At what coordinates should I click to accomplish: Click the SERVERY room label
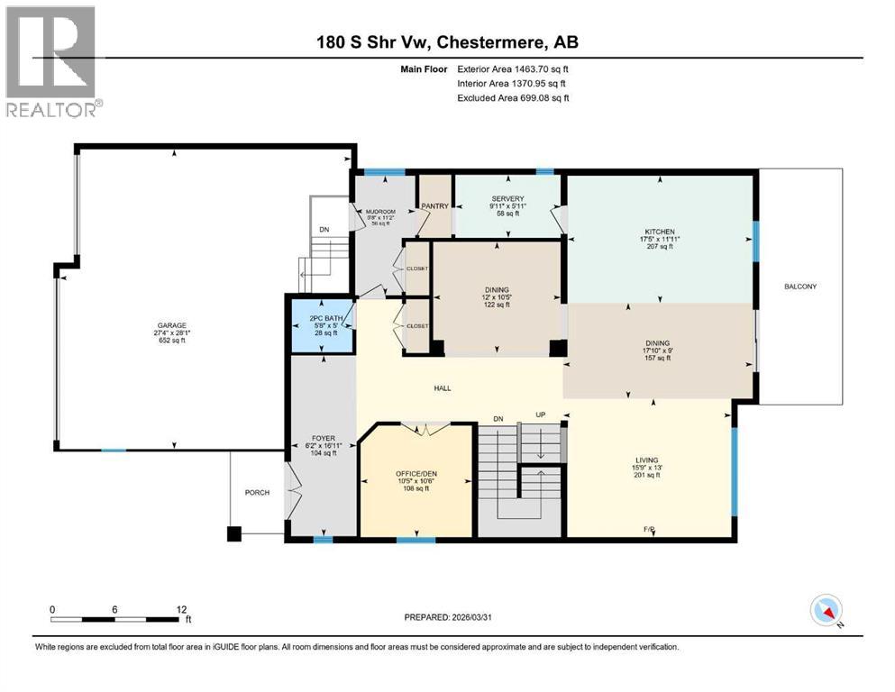(507, 199)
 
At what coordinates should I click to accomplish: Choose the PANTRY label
(435, 206)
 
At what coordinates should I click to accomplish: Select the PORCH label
(258, 493)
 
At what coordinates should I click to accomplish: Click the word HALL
(442, 388)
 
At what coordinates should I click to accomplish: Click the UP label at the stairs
(541, 416)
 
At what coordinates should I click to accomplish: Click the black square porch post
(234, 533)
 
